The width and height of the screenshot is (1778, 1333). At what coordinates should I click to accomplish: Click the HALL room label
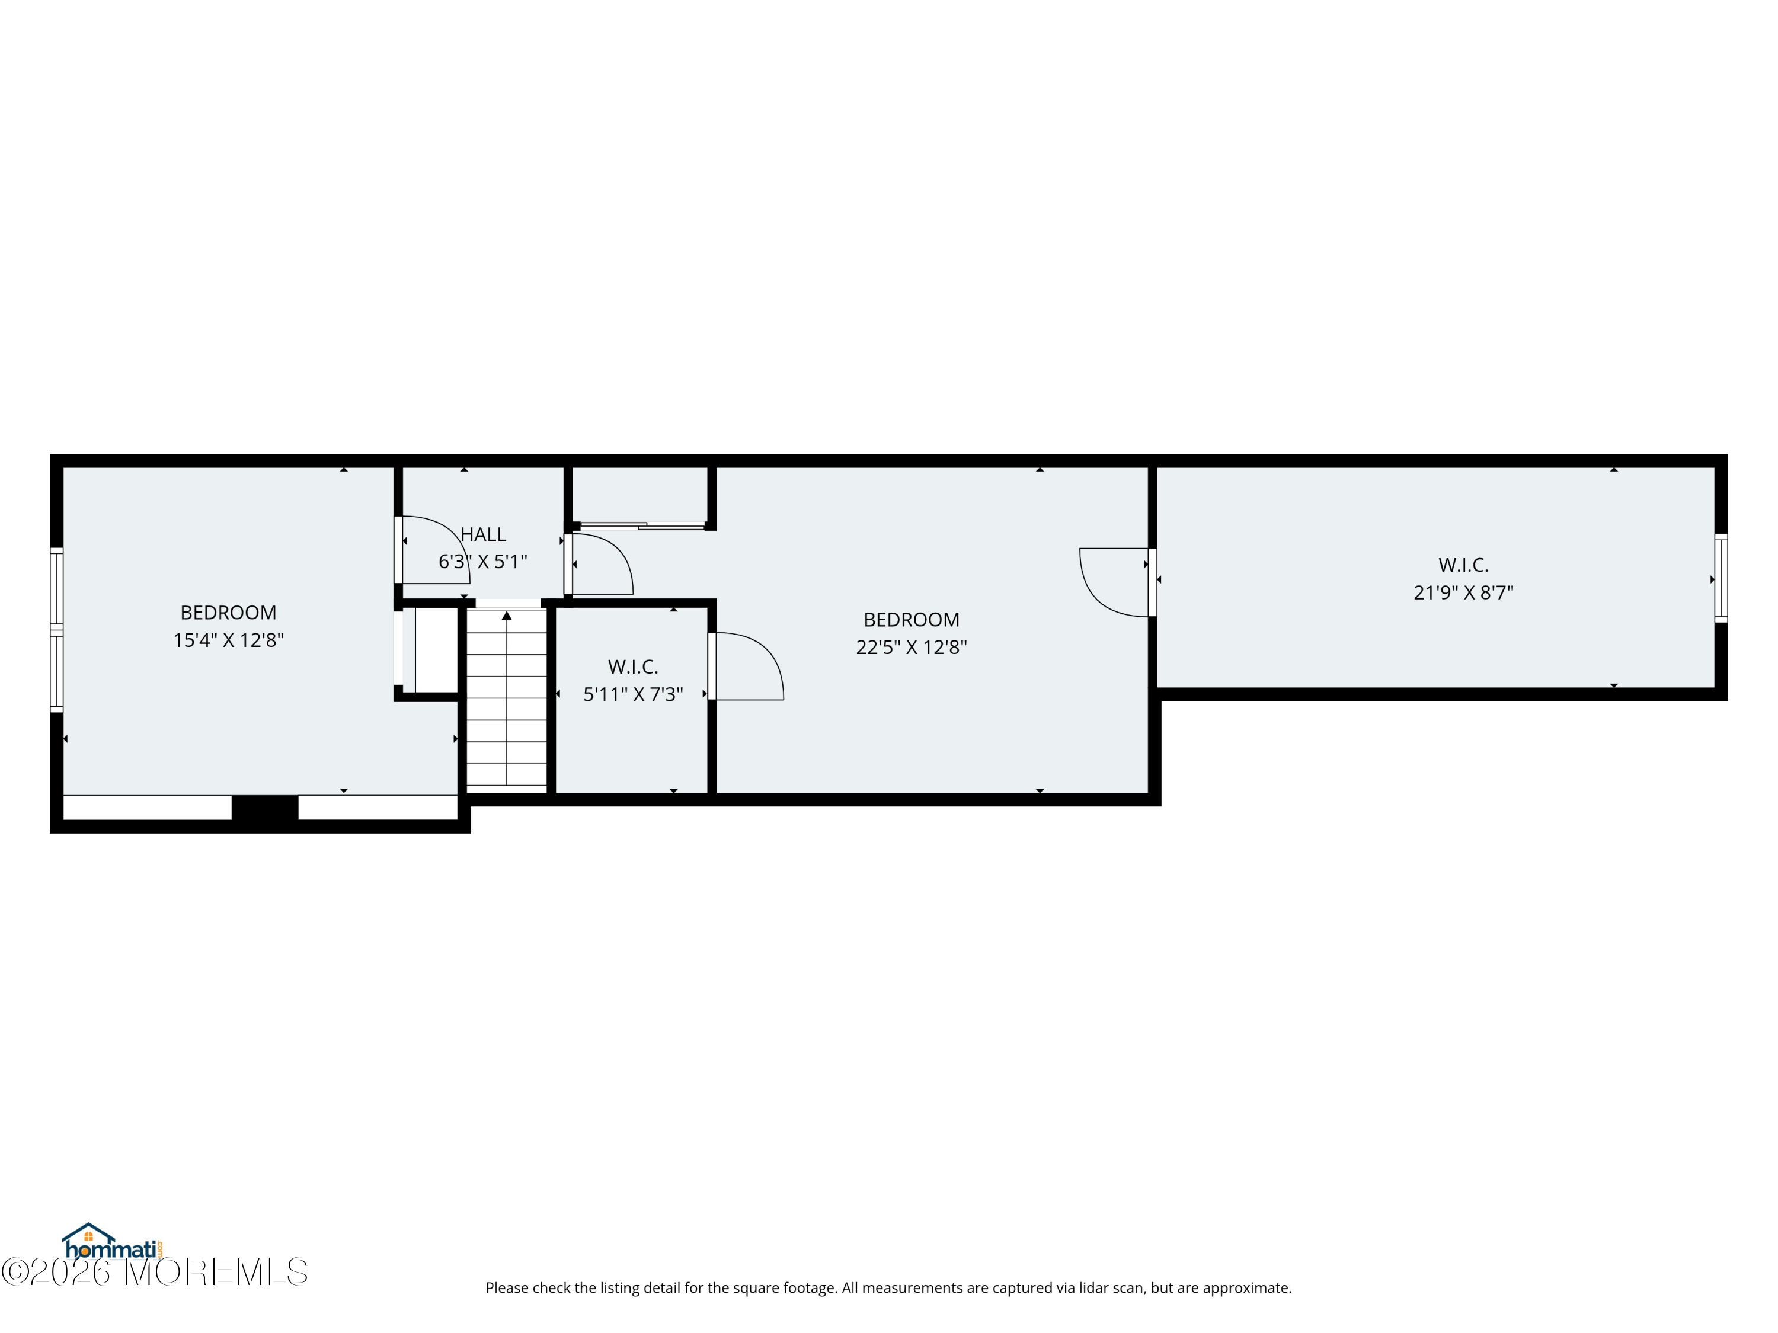point(482,534)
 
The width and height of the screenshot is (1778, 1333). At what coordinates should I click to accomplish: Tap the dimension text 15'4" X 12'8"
point(228,640)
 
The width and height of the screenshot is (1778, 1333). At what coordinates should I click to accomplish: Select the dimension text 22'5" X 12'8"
point(911,648)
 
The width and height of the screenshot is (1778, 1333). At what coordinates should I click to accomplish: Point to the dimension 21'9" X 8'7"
point(1463,593)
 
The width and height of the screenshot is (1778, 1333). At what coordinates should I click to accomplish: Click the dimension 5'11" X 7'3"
point(632,694)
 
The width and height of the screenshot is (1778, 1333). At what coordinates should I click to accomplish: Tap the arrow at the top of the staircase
point(506,616)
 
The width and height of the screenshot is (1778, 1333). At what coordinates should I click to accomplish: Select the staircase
point(506,699)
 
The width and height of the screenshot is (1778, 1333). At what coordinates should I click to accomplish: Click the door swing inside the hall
point(434,548)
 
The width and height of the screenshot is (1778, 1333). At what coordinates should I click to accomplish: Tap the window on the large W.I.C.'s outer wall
point(1720,578)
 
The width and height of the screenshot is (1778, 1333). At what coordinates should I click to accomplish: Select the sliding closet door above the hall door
point(643,526)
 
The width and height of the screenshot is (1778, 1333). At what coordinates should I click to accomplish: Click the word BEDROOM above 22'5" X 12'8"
point(911,620)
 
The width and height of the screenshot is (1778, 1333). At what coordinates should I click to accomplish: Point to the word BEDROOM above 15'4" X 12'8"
point(228,613)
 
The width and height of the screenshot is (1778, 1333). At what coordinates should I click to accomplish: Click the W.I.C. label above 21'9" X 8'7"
point(1463,565)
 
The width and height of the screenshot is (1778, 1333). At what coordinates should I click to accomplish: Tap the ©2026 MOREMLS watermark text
point(154,1272)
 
